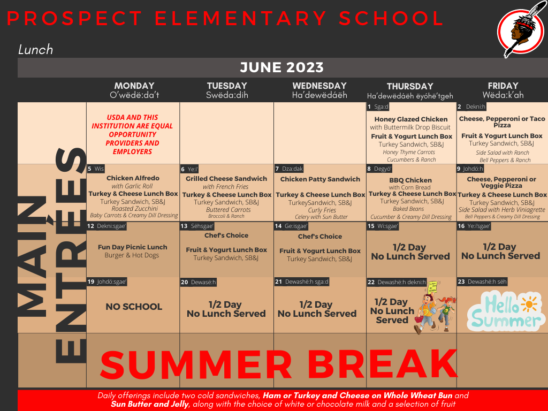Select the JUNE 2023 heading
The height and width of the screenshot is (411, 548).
coord(281,67)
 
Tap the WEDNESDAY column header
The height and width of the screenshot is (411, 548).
coord(319,86)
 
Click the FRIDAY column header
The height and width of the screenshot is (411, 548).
coord(503,86)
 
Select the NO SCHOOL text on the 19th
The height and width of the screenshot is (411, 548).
coord(134,307)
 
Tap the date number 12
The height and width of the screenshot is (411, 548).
coord(91,226)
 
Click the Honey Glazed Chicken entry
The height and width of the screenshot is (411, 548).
coord(411,119)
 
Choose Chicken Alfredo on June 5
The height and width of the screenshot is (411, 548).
coord(133,178)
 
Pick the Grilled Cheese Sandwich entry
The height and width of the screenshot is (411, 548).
coord(226,179)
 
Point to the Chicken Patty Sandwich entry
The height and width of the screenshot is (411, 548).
coord(320,179)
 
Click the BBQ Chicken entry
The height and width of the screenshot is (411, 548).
coord(410,180)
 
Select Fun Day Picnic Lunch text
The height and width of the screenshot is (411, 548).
coord(132,247)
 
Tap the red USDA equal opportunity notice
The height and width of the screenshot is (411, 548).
coord(132,134)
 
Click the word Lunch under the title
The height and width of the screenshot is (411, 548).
coord(35,50)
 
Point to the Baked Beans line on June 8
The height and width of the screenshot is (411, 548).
coord(408,209)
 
